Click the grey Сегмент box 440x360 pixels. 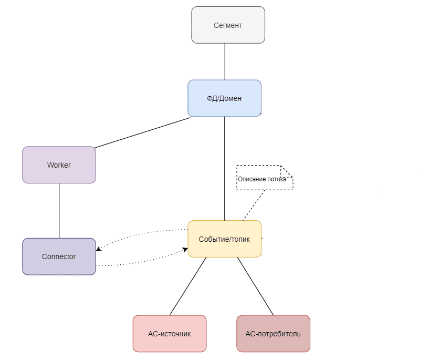click(228, 25)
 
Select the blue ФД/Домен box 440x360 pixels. click(224, 98)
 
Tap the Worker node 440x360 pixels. click(59, 165)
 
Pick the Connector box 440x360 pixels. click(59, 256)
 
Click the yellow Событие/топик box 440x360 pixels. click(224, 239)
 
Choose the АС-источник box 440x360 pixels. click(169, 334)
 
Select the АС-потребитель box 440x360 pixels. click(273, 334)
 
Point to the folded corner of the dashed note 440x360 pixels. click(287, 171)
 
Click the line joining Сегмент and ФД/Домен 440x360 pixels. click(225, 61)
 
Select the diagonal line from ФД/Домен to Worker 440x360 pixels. click(142, 132)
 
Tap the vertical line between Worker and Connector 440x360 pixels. click(59, 210)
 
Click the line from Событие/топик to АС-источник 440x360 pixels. click(188, 286)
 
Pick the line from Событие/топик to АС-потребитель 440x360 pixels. click(255, 286)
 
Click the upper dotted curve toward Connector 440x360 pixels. click(142, 233)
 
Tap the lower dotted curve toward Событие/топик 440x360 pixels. click(142, 263)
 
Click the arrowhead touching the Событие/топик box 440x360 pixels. click(185, 250)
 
